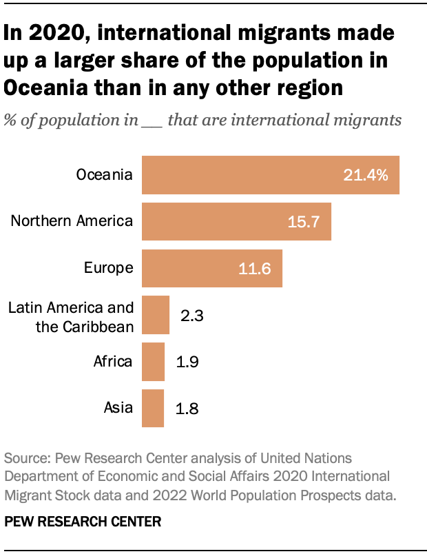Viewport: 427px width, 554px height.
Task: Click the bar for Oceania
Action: pyautogui.click(x=270, y=174)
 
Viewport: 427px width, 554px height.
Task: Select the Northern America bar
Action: pyautogui.click(x=236, y=221)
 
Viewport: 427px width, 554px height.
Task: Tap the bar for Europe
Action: pyautogui.click(x=211, y=268)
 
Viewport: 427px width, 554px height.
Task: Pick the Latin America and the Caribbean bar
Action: pyautogui.click(x=156, y=315)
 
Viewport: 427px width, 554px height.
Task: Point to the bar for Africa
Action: pyautogui.click(x=153, y=362)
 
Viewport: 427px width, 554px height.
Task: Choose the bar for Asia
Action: pyautogui.click(x=153, y=408)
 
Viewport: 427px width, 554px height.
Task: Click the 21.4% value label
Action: pyautogui.click(x=366, y=175)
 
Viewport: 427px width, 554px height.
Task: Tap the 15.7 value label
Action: pyautogui.click(x=303, y=222)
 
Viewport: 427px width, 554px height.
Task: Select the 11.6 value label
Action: pyautogui.click(x=253, y=269)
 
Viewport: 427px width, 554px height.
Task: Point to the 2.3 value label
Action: pyautogui.click(x=192, y=316)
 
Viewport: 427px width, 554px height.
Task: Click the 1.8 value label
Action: pyautogui.click(x=187, y=409)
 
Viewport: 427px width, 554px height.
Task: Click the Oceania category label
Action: pyautogui.click(x=103, y=174)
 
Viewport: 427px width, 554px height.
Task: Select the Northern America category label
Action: pyautogui.click(x=72, y=221)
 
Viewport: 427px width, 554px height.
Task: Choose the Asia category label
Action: pyautogui.click(x=118, y=408)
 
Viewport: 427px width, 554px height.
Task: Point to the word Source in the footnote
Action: pyautogui.click(x=25, y=459)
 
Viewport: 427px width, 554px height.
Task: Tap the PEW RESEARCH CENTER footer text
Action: pyautogui.click(x=82, y=522)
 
